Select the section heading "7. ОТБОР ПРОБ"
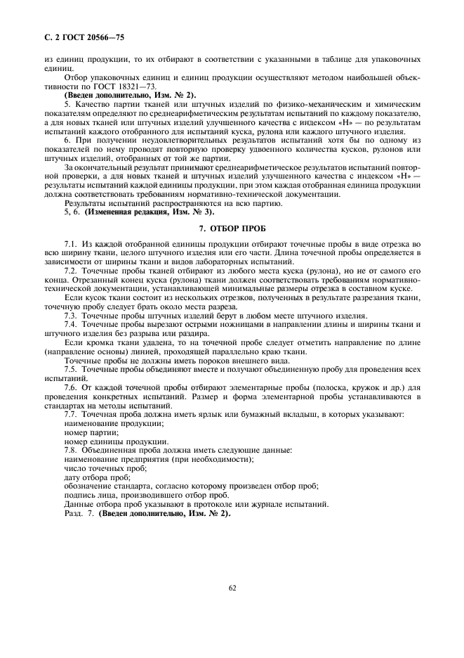(x=232, y=229)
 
